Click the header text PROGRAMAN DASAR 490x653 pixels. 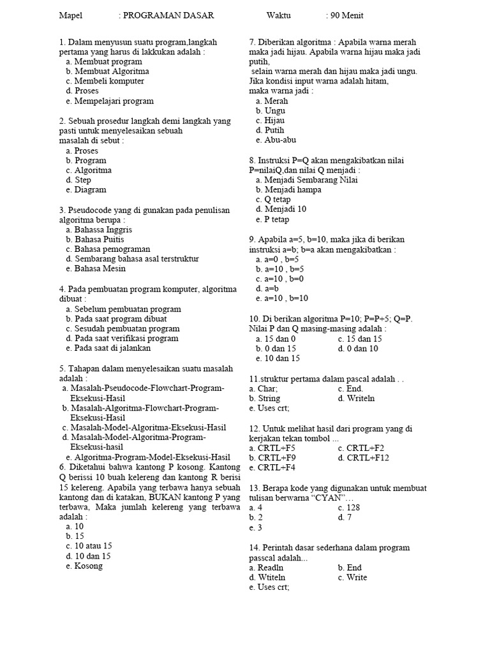[168, 15]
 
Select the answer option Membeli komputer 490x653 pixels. [109, 81]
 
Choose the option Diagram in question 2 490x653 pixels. [90, 189]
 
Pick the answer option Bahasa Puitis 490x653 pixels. [99, 239]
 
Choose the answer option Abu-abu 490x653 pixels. [280, 140]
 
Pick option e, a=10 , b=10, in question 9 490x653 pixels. [286, 298]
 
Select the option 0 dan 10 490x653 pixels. [362, 348]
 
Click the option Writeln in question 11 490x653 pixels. [361, 398]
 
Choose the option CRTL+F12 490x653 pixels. [367, 457]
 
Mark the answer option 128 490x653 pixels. [353, 508]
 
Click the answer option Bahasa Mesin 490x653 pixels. [100, 268]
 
